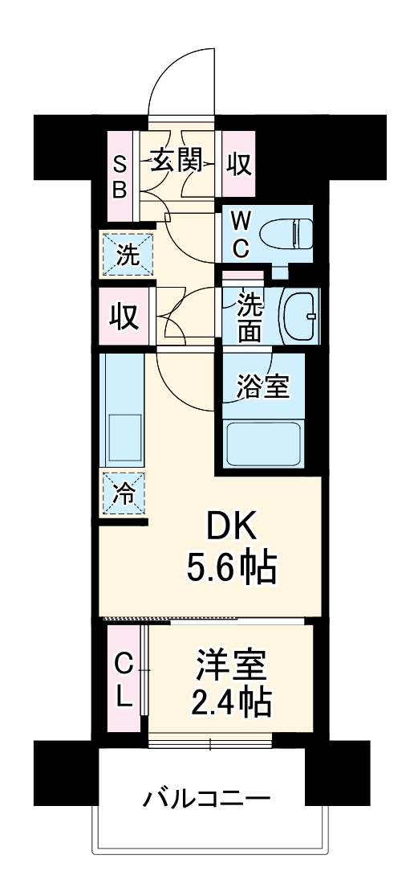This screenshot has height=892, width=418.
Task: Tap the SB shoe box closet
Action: [119, 176]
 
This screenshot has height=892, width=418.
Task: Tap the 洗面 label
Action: [248, 317]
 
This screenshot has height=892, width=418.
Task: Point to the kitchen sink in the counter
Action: [122, 438]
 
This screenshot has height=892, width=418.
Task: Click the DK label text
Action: [233, 528]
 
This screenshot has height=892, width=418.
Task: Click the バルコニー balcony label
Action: [207, 800]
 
